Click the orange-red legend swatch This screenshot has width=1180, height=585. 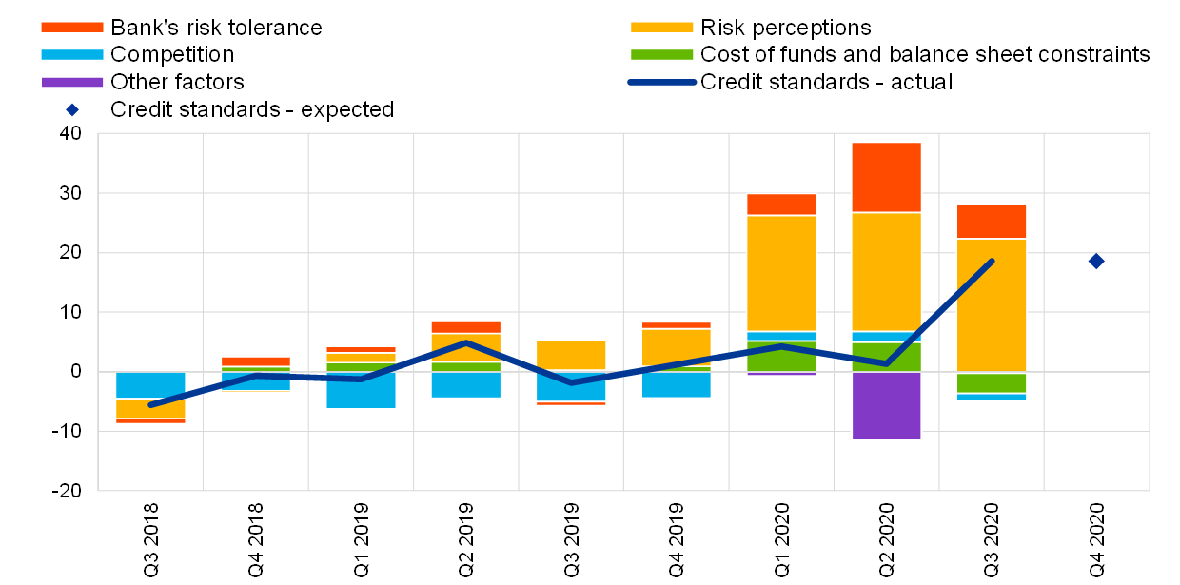[x=72, y=28]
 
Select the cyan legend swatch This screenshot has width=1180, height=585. [x=72, y=55]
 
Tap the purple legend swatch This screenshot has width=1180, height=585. [x=72, y=83]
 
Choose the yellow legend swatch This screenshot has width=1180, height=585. [x=661, y=28]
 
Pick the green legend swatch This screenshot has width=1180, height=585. [x=661, y=55]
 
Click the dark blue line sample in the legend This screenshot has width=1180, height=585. [x=661, y=82]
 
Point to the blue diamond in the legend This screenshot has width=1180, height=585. [x=72, y=109]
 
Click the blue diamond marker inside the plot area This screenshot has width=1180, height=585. [x=1096, y=261]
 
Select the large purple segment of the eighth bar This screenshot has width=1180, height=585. [x=886, y=405]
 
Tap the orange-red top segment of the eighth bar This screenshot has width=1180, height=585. [x=886, y=177]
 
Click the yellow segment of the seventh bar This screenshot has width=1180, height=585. [x=781, y=273]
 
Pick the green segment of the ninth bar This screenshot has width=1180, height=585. [x=992, y=382]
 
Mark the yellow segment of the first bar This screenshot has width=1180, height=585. [x=150, y=408]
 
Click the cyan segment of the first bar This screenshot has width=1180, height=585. [x=150, y=384]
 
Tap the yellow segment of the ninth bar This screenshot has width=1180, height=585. [x=992, y=304]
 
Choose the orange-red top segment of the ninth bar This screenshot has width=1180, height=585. [x=992, y=222]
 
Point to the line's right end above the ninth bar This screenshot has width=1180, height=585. [x=992, y=261]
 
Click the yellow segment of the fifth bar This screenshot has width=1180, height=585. [x=571, y=355]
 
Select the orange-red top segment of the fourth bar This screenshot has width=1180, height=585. [x=466, y=326]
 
